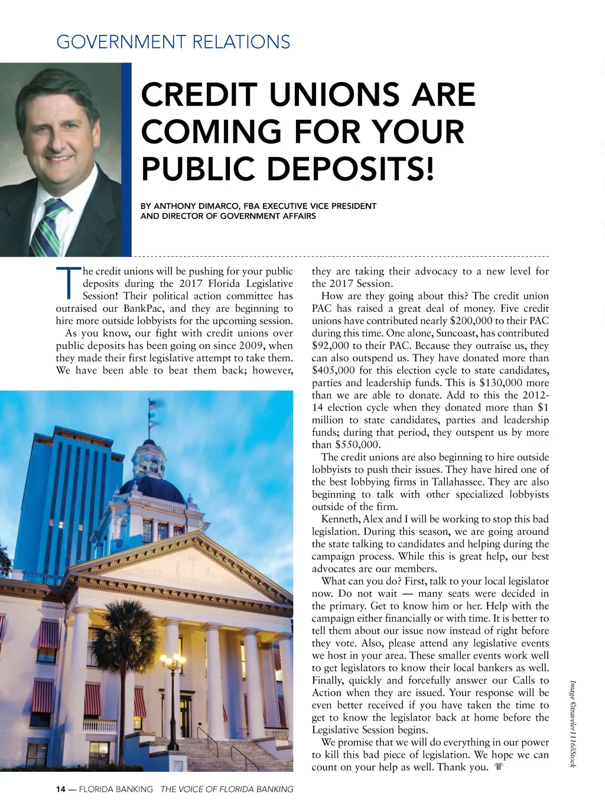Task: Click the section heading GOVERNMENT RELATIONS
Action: pos(173,42)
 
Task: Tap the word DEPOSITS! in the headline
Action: pos(350,168)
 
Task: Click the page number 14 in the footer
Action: pos(61,789)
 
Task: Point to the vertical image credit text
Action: pos(573,723)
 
